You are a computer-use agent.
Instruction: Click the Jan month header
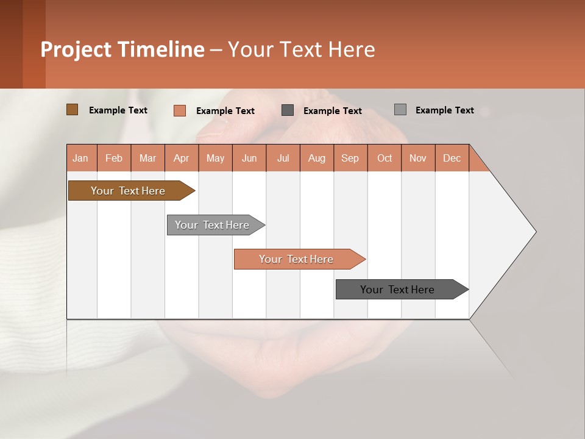81,158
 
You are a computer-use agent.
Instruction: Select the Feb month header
114,158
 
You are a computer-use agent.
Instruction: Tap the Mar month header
147,158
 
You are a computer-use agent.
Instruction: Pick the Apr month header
182,158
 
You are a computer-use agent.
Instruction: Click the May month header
215,158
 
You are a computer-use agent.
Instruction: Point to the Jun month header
249,158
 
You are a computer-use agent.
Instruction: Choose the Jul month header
283,158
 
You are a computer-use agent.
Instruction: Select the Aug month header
317,158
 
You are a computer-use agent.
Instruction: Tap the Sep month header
350,158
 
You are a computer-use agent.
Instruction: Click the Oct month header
385,158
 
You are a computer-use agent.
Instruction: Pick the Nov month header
418,158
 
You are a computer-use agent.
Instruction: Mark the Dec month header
452,158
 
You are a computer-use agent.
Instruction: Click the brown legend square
72,110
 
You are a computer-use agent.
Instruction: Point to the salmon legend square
180,110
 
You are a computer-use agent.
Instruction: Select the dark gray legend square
288,110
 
